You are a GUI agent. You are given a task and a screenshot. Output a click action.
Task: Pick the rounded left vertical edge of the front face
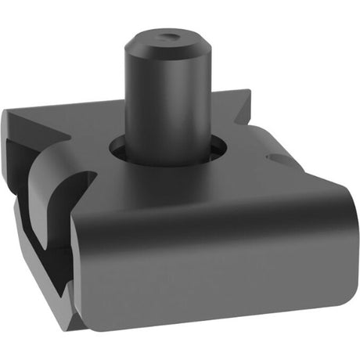tap(78, 266)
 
